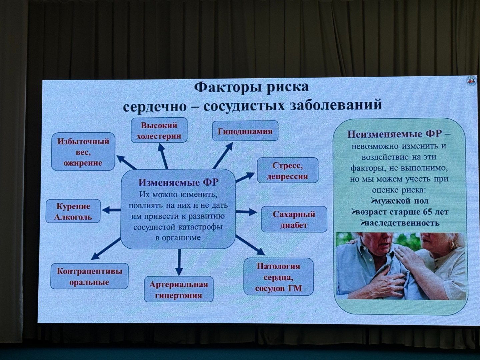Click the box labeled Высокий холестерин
point(159,130)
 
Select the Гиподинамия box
point(245,131)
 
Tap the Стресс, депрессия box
point(287,170)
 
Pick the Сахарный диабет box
point(294,219)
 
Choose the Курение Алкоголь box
point(73,211)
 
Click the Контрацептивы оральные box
point(89,276)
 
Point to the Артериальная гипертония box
point(178,289)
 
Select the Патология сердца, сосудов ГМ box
point(278,277)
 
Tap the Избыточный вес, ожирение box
point(83,152)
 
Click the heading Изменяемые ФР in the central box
point(179,183)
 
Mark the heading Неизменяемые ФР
point(394,134)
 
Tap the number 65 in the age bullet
point(428,212)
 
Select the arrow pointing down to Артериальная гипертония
point(179,262)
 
